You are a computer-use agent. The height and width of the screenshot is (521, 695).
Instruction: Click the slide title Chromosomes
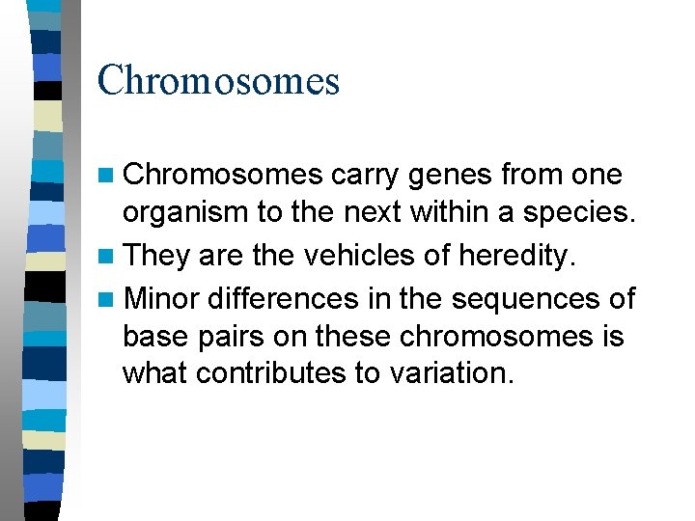pyautogui.click(x=218, y=80)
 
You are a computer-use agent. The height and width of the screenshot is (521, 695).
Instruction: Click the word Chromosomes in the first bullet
pyautogui.click(x=223, y=175)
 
